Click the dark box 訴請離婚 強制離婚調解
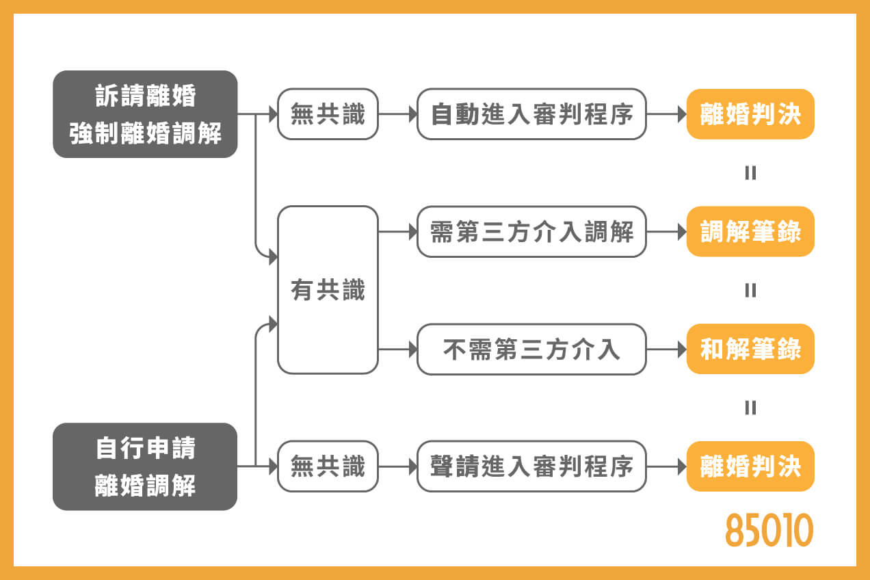click(x=145, y=114)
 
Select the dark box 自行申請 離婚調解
click(x=145, y=466)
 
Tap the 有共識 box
click(x=328, y=290)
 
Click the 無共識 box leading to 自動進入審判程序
click(x=328, y=114)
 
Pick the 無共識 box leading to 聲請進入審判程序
click(x=328, y=466)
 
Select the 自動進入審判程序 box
click(x=531, y=114)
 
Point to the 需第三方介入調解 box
click(x=531, y=232)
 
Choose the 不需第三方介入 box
click(x=531, y=350)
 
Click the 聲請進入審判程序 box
click(x=531, y=466)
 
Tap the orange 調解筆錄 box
click(x=750, y=232)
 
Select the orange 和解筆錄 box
click(x=750, y=350)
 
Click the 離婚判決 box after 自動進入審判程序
click(x=750, y=114)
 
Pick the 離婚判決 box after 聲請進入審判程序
click(x=750, y=466)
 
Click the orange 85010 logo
click(x=769, y=530)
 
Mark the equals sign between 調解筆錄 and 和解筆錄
click(x=750, y=291)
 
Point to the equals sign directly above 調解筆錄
click(x=750, y=173)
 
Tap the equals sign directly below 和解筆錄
click(x=750, y=408)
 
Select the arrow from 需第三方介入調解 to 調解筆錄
click(x=666, y=232)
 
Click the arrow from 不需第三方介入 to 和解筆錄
click(x=666, y=350)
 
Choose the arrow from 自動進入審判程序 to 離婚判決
click(x=666, y=114)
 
